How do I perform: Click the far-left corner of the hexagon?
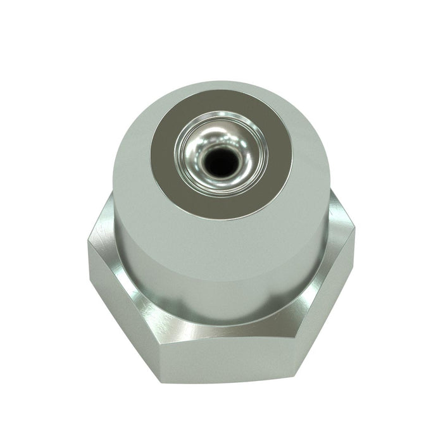89,244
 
